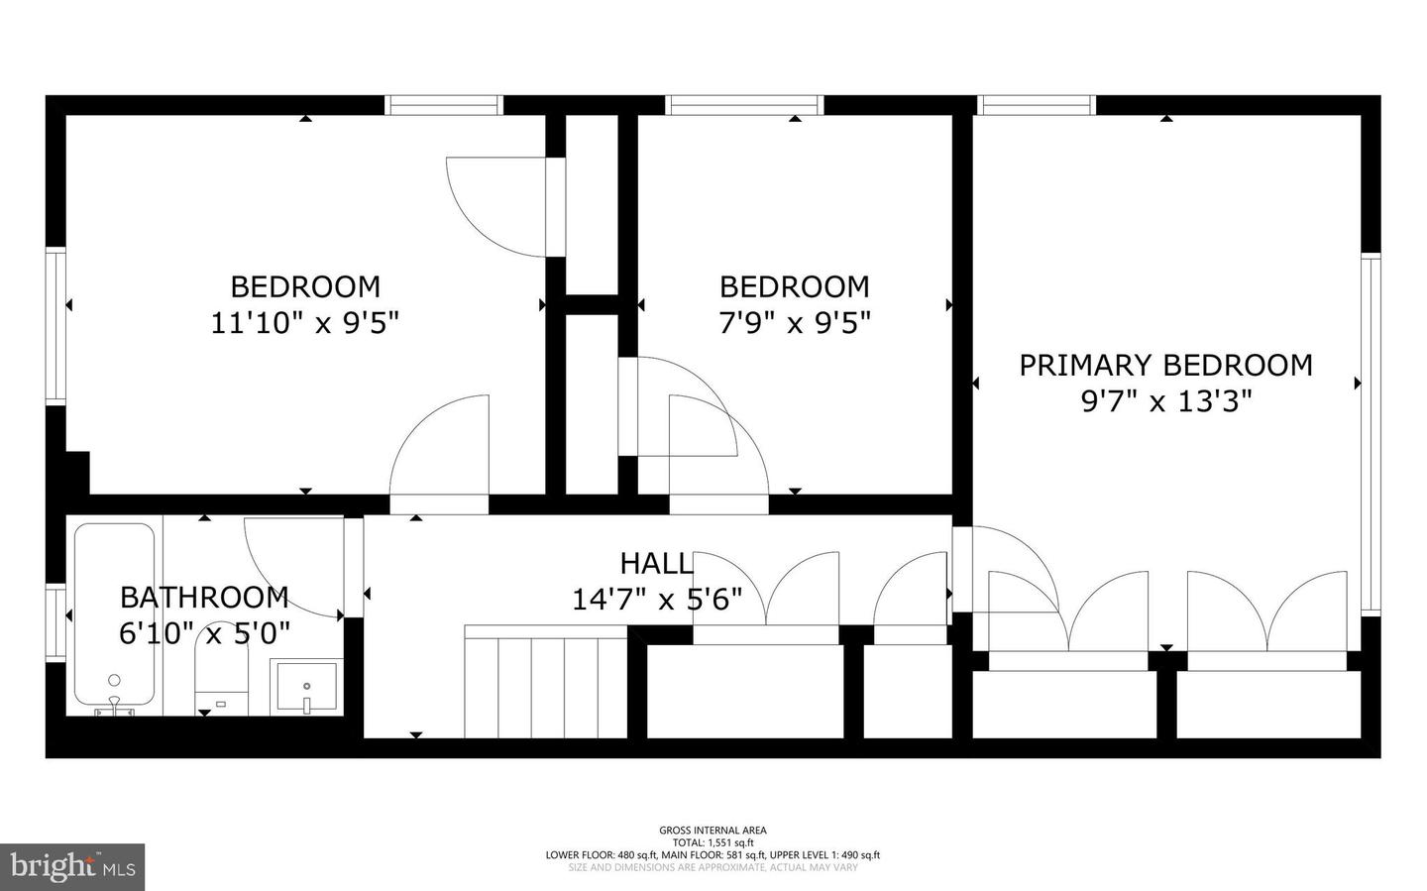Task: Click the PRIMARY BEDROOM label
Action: [1165, 366]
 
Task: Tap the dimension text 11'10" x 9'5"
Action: [304, 323]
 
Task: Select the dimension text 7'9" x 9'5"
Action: [794, 323]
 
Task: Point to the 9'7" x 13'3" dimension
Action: [1165, 402]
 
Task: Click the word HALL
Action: [655, 564]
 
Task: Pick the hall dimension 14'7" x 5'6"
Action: [655, 601]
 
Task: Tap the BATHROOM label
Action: [204, 598]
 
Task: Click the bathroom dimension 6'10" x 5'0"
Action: [204, 633]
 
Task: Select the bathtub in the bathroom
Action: [114, 614]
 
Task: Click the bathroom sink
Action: [307, 686]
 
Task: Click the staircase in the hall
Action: [545, 684]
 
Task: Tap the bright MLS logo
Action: [72, 867]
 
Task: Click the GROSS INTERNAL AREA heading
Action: [713, 831]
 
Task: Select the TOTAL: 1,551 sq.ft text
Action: [713, 842]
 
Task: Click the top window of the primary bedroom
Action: [1037, 105]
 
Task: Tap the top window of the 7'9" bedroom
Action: [744, 105]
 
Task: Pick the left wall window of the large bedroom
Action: [55, 325]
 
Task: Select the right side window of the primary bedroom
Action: [1371, 434]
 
